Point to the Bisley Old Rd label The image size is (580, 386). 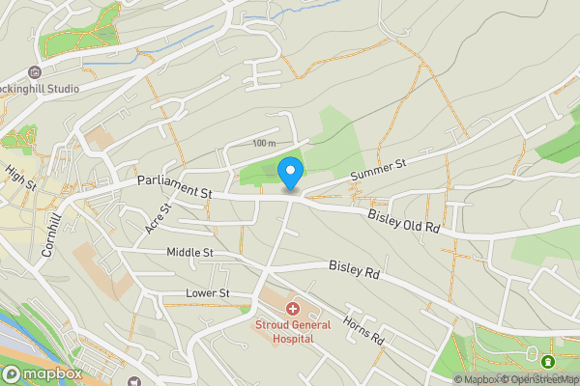tap(404, 221)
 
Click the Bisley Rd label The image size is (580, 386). tap(354, 269)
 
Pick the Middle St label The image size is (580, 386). tap(189, 253)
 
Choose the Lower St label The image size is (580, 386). tap(207, 293)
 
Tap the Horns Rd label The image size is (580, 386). tap(364, 332)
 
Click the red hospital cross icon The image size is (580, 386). tap(293, 308)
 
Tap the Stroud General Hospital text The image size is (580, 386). tap(293, 332)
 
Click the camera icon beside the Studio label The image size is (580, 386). tap(35, 72)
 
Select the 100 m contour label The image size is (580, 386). tap(263, 144)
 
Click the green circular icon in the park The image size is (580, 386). tap(548, 362)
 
